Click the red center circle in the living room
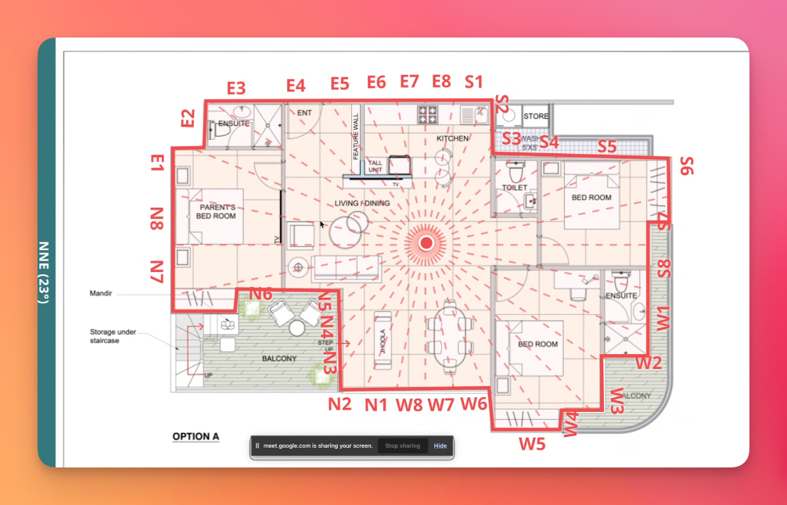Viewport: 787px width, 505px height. tap(426, 243)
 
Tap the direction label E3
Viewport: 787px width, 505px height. tap(236, 88)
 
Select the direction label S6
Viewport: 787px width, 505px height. tap(686, 166)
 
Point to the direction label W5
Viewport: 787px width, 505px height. tap(533, 443)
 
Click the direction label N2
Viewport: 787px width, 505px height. tap(340, 404)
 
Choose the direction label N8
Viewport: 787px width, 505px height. tap(157, 218)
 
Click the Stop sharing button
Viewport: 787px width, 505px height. tap(404, 446)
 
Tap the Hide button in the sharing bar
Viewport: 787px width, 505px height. tap(440, 446)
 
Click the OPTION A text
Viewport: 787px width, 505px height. tap(196, 436)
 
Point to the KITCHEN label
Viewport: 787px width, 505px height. tap(452, 138)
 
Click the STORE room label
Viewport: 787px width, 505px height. tap(536, 116)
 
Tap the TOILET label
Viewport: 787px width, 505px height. tap(515, 188)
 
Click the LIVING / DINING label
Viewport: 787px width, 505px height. tap(362, 203)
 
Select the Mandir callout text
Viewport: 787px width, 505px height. tap(102, 295)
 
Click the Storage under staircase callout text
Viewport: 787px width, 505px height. tap(113, 336)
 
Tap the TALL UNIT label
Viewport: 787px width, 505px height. tap(376, 166)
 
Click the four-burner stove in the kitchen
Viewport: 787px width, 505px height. tap(427, 116)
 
